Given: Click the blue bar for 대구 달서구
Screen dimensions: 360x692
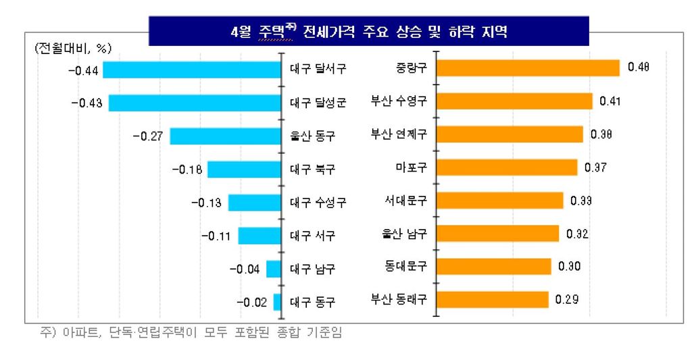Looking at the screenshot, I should coord(191,70).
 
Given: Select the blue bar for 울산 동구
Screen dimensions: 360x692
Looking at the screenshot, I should coord(225,136).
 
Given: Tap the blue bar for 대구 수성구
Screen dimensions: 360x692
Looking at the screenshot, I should coord(254,203).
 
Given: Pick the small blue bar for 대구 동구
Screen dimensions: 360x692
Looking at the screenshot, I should coord(277,302).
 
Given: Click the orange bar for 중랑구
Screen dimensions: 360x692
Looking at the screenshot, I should coord(528,68).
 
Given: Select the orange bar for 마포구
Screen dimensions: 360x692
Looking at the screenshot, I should coord(507,167).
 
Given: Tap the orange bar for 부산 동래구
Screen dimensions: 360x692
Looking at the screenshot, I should coord(492,299).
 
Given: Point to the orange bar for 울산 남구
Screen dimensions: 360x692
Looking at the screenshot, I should coord(497,234).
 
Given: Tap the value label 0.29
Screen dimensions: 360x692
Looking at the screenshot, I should coord(566,299).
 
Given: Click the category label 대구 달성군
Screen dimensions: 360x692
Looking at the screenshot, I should coord(318,103).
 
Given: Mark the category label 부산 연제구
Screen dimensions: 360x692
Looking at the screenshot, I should coord(399,134).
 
